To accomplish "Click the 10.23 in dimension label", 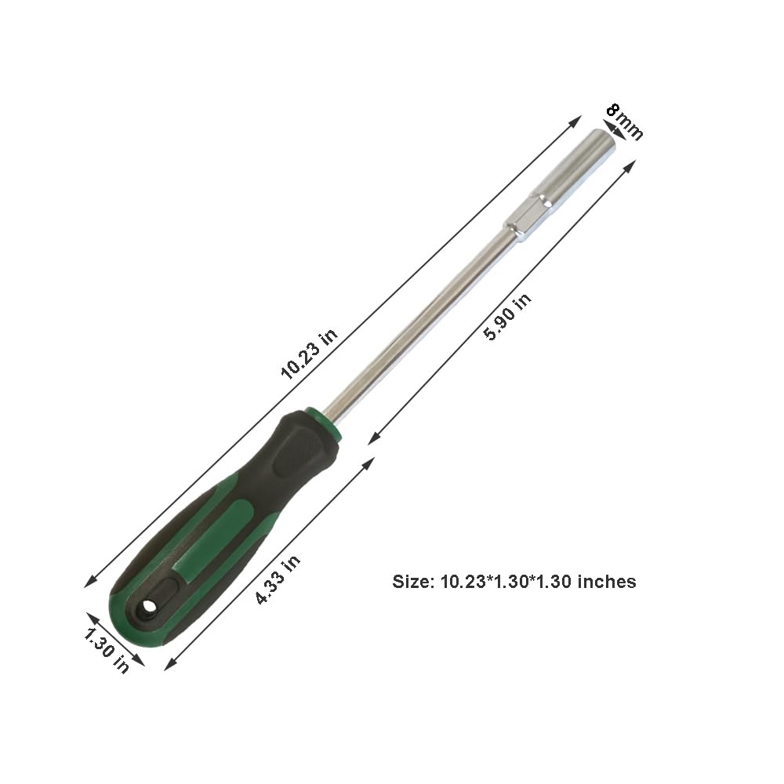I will (310, 354).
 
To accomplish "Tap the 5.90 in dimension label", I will (507, 316).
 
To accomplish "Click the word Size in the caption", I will (412, 582).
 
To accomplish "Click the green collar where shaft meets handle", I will (326, 421).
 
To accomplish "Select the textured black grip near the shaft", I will (296, 455).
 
